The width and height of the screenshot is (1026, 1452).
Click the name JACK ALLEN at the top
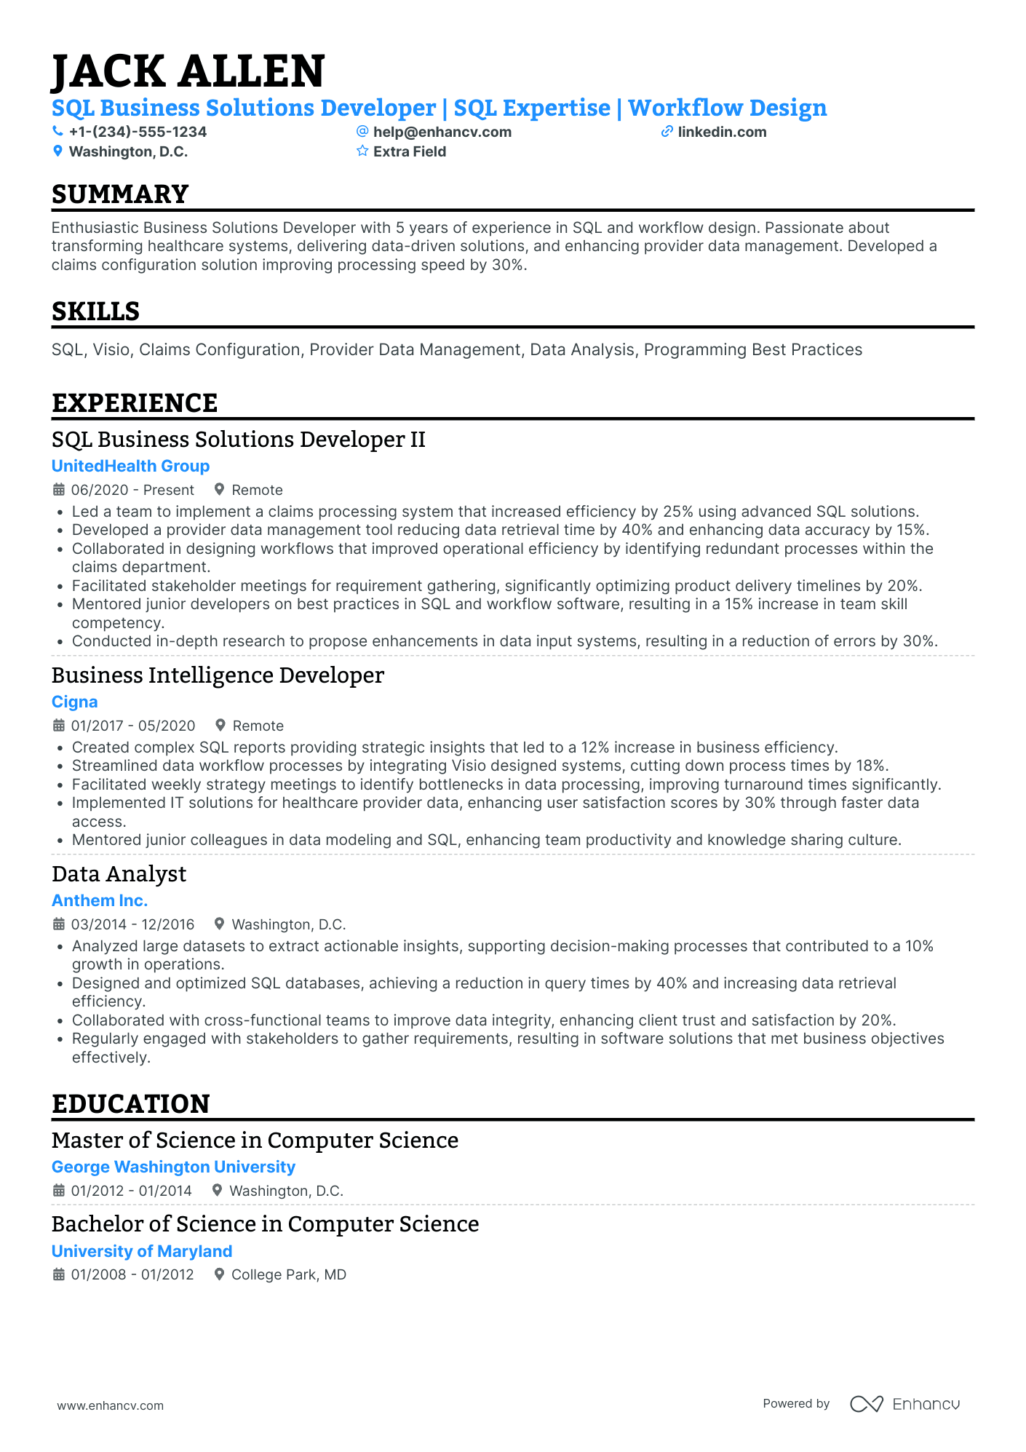click(x=188, y=71)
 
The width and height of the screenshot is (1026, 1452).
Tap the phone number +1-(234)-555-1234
click(x=138, y=132)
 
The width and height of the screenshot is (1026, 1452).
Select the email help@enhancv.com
click(x=442, y=132)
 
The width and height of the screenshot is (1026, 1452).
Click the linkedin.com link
click(x=722, y=132)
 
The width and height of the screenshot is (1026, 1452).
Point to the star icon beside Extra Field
click(x=362, y=151)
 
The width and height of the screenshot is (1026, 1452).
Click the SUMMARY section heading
click(x=120, y=194)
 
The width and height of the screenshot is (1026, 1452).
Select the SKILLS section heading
click(x=95, y=312)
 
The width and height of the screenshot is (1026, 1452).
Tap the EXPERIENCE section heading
click(x=135, y=403)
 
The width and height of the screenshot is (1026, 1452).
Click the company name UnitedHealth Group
click(x=130, y=466)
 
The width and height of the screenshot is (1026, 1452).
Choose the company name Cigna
click(x=74, y=702)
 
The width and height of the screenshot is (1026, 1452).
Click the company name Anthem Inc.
click(x=100, y=900)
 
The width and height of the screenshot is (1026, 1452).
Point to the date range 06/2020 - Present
click(x=132, y=490)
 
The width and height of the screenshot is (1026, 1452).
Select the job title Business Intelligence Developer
click(x=218, y=675)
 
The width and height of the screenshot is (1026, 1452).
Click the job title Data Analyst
click(x=119, y=874)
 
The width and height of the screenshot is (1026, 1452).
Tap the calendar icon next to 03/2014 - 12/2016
click(x=59, y=924)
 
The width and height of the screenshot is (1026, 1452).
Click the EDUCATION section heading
click(x=130, y=1104)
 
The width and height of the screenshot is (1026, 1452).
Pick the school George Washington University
click(x=173, y=1167)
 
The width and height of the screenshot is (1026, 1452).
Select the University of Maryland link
click(x=142, y=1251)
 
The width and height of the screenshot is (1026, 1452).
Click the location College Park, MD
click(x=288, y=1274)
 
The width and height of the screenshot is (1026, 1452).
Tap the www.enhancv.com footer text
click(x=111, y=1405)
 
